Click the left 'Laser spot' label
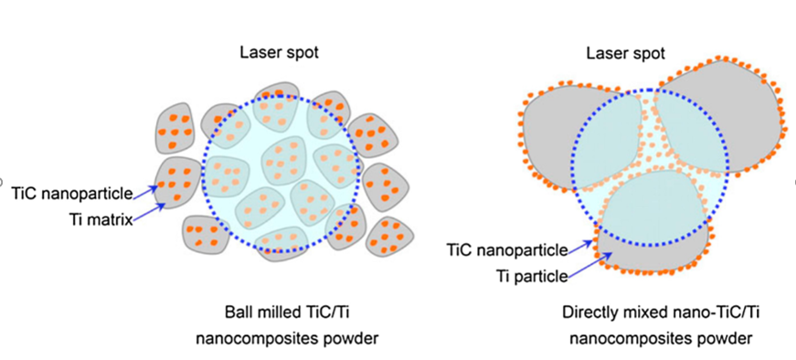coord(280,53)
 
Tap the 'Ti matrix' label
coord(101,218)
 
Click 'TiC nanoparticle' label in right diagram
coord(506,249)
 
